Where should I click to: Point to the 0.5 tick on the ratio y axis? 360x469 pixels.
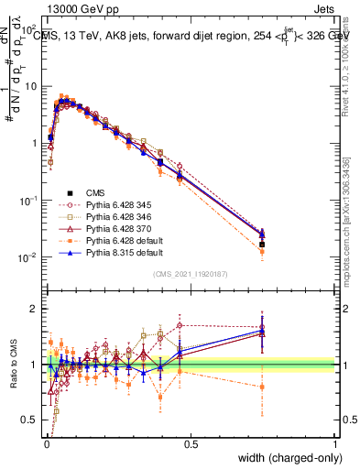click(x=34, y=420)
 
